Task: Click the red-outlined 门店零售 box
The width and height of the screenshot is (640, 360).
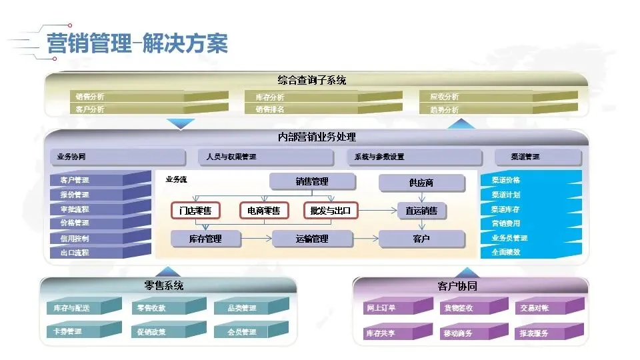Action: [x=195, y=211]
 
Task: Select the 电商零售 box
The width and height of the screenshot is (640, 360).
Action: [x=264, y=211]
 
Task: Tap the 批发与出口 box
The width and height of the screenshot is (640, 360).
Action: [x=331, y=211]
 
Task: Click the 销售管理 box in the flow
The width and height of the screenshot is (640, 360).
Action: [x=312, y=181]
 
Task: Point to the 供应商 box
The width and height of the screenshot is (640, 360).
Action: [x=421, y=183]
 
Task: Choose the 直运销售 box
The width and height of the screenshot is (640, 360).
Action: [x=421, y=211]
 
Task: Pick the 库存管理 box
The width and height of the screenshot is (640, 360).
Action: [x=205, y=239]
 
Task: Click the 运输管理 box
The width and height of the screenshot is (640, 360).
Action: [x=312, y=239]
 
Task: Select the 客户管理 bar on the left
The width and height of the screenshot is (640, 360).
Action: [x=100, y=180]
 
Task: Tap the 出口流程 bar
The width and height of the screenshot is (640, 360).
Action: [x=100, y=253]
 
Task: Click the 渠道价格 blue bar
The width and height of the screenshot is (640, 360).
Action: [x=530, y=180]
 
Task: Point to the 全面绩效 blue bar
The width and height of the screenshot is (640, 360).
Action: [x=530, y=253]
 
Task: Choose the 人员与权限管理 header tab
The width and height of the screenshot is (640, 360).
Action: [x=265, y=157]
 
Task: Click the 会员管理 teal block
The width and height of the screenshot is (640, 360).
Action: [x=250, y=331]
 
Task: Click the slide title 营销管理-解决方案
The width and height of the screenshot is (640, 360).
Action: [x=137, y=45]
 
